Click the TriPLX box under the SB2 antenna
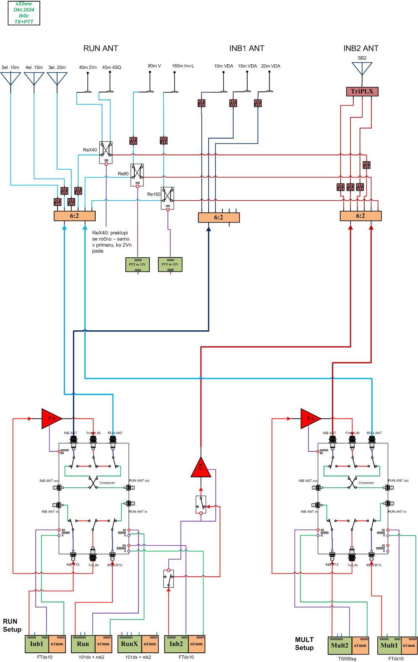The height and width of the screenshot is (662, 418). tap(362, 92)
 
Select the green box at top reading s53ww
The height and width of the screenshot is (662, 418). tap(24, 13)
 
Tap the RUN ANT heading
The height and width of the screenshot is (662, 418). tap(101, 48)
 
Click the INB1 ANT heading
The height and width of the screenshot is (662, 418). tap(247, 48)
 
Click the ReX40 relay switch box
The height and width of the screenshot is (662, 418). tap(106, 152)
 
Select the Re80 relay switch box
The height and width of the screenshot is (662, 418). tap(137, 175)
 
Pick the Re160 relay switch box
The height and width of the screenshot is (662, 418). tap(167, 198)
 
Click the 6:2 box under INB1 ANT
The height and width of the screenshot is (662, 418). tap(219, 217)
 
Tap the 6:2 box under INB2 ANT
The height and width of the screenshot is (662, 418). tap(361, 216)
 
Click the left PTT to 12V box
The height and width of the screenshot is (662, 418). tap(137, 264)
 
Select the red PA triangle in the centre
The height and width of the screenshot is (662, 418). tap(201, 468)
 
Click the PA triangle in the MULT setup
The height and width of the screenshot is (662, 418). tap(310, 419)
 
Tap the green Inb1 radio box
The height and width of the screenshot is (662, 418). tap(37, 644)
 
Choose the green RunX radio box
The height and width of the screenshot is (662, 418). tap(129, 644)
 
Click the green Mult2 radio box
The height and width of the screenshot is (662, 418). tap(339, 646)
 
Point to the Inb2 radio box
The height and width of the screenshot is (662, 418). tap(176, 644)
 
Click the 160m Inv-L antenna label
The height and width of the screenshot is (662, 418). tap(183, 66)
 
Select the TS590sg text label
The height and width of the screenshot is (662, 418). tap(347, 659)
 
